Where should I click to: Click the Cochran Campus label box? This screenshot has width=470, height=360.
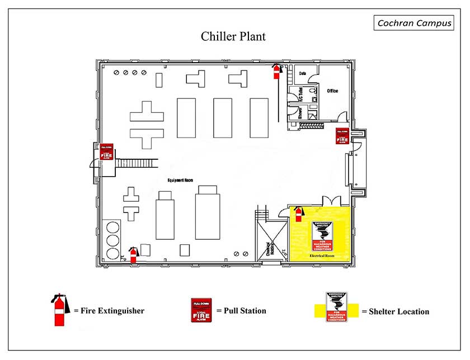413,23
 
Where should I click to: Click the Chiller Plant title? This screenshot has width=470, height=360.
233,37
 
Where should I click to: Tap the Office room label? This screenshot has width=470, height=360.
332,91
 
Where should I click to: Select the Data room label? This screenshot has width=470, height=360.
303,73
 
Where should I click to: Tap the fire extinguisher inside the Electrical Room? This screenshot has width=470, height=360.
298,212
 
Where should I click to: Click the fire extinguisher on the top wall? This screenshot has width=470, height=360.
276,70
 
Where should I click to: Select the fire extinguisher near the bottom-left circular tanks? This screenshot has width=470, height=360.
133,254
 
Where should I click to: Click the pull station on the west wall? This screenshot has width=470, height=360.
106,151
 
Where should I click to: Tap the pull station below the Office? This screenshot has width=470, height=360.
342,136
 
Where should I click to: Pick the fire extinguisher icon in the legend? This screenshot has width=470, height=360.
59,310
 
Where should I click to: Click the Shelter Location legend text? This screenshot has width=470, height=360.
395,311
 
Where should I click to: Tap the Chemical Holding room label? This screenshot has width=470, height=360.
270,249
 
